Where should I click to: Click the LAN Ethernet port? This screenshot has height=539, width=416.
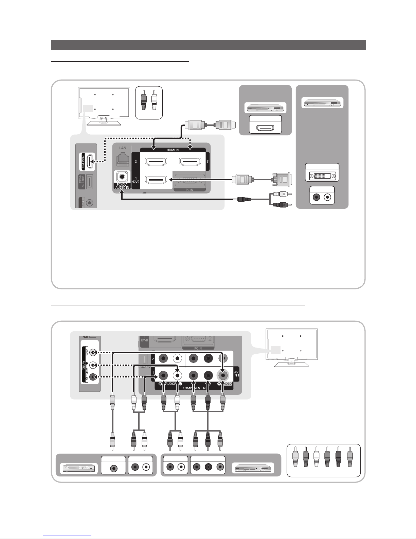tap(122, 160)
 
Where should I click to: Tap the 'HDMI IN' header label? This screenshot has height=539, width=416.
tap(173, 150)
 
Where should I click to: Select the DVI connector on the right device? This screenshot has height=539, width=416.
tap(322, 176)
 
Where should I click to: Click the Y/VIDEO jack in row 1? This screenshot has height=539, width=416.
tap(222, 375)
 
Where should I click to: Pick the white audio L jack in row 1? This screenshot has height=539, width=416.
tap(177, 375)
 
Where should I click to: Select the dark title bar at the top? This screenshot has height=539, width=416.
tap(208, 45)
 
